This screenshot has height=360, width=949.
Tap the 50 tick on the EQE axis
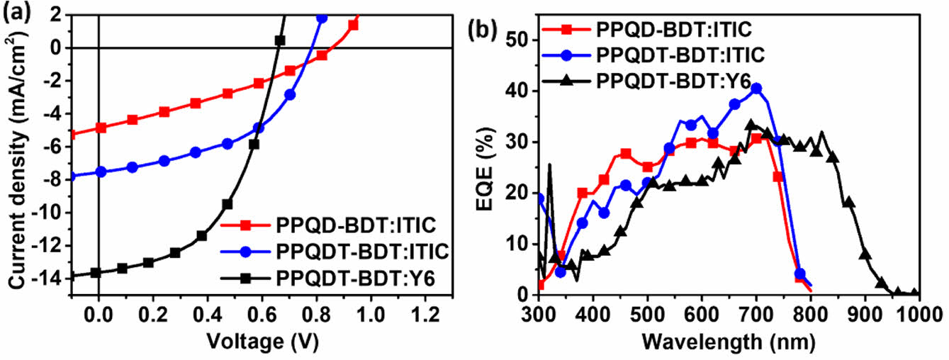(519, 40)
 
